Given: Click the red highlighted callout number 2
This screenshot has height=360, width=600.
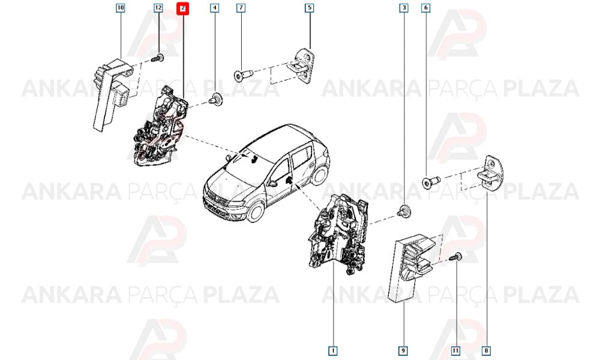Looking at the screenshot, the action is [x=183, y=8].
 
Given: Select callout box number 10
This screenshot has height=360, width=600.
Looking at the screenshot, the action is [x=121, y=8].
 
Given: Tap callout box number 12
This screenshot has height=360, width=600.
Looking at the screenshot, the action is [x=158, y=8].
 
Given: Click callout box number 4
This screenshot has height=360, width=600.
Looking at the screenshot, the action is [x=215, y=8].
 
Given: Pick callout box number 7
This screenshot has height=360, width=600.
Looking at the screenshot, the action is [x=241, y=8].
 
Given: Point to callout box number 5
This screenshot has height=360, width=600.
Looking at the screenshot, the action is [x=309, y=8].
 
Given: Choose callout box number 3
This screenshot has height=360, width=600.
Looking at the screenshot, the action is [x=403, y=8].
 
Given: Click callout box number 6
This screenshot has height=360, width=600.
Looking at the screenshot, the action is [x=425, y=8].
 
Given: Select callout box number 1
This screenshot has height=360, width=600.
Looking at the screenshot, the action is [x=333, y=350].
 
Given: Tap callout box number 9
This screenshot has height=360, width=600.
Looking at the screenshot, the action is [x=403, y=350].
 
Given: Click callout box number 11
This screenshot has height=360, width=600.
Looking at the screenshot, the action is [x=455, y=350].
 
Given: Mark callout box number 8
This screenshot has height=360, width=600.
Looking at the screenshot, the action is [x=486, y=350].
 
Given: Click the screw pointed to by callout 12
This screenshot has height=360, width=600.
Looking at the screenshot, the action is [x=158, y=59].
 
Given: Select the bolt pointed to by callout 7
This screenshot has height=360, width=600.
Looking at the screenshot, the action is [x=243, y=74].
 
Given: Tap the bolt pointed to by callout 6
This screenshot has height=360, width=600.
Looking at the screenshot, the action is [x=430, y=182].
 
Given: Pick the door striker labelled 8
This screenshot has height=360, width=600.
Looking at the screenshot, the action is [x=490, y=174].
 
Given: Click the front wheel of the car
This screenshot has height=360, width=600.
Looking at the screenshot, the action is [x=255, y=212].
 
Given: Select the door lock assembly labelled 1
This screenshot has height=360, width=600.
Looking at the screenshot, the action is [x=338, y=234].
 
